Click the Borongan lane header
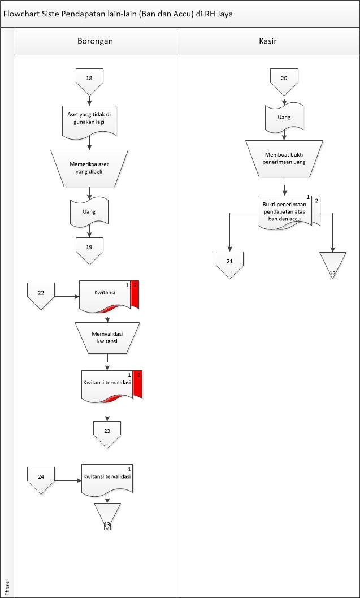point(95,41)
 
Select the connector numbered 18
point(89,79)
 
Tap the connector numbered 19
point(89,249)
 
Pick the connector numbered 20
point(284,80)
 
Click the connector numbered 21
point(229,263)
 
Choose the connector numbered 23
point(107,432)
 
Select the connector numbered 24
point(41,479)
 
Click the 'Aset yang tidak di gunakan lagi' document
point(89,120)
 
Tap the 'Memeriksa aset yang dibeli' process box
point(89,167)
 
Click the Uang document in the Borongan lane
point(89,211)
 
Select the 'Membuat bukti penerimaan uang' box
point(284,158)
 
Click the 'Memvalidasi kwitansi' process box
point(107,337)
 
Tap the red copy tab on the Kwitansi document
point(135,293)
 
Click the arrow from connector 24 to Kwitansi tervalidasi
point(68,480)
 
